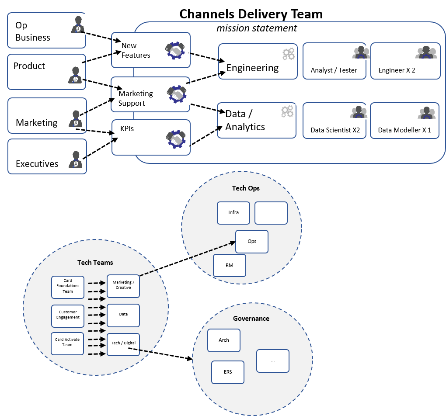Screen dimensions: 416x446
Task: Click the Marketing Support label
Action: [x=136, y=98]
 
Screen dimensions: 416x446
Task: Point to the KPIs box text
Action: [x=127, y=129]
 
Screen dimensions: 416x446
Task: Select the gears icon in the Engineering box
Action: [x=288, y=54]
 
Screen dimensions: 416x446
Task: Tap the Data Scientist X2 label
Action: [x=335, y=130]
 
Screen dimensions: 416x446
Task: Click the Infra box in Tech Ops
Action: [x=233, y=213]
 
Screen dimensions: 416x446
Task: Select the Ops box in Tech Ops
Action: [x=252, y=242]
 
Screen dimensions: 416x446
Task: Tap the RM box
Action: [x=230, y=265]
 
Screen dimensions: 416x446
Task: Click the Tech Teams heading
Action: [x=95, y=263]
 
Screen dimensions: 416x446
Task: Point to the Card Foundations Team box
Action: [x=68, y=286]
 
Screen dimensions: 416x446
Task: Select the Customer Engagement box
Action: [x=68, y=315]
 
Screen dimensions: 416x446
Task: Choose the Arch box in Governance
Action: [x=224, y=340]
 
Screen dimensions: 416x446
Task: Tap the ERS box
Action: [x=227, y=372]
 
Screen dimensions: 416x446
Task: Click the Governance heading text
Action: [x=251, y=319]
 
